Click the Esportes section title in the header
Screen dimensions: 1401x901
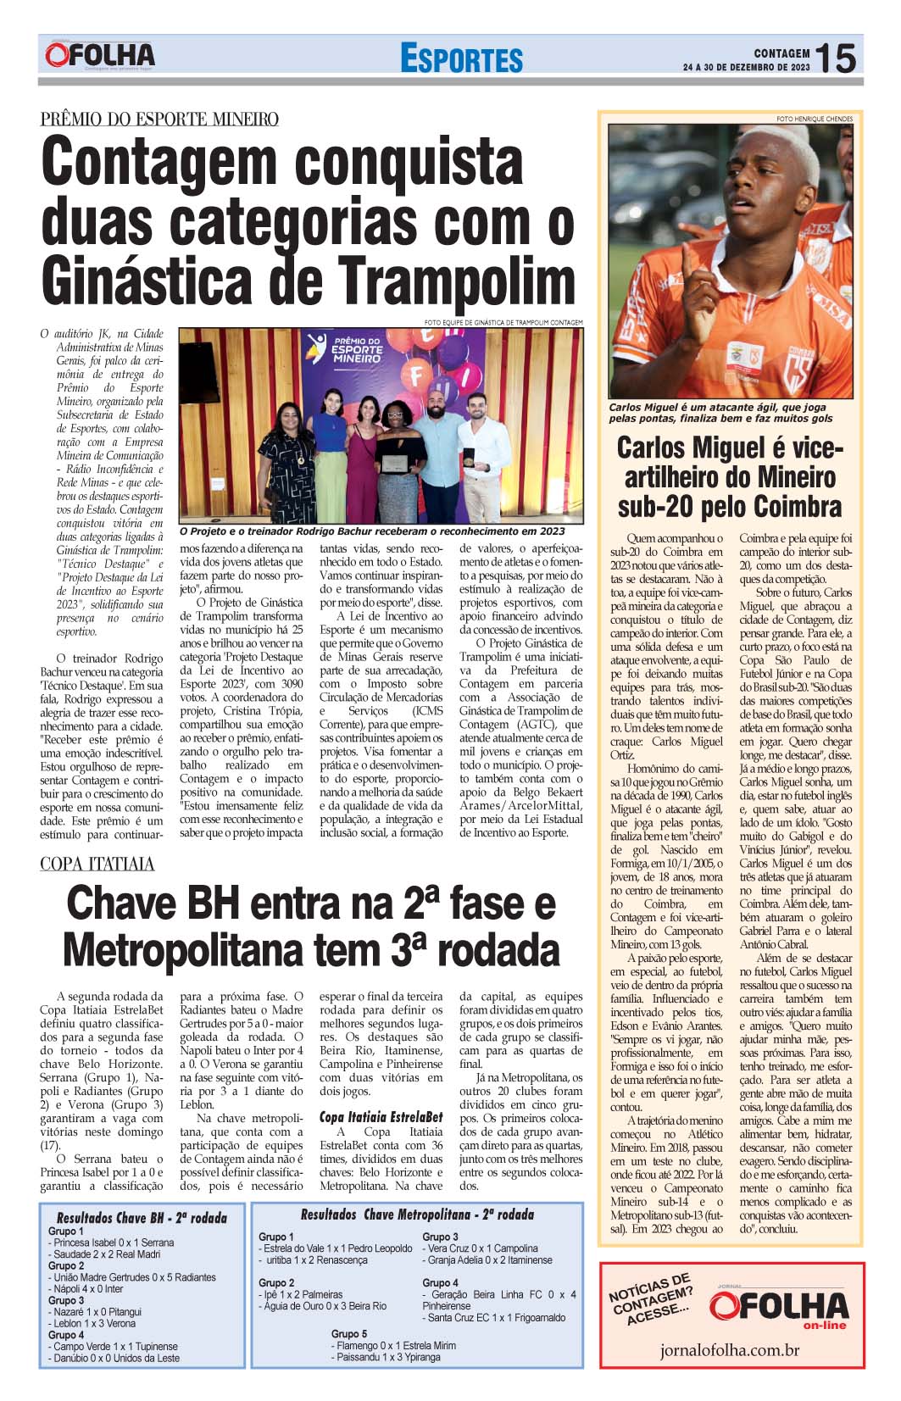(462, 59)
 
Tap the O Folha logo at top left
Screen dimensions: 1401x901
(101, 56)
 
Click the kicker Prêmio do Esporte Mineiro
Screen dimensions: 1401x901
(159, 119)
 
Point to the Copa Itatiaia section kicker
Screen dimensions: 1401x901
(97, 864)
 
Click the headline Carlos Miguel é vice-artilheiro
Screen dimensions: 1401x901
(730, 476)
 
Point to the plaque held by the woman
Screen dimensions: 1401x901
(392, 464)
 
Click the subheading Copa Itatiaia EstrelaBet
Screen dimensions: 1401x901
(381, 1116)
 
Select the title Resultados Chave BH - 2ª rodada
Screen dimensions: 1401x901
(142, 1218)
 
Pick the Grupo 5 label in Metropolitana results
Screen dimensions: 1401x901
(349, 1333)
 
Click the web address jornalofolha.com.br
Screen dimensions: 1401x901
(731, 1350)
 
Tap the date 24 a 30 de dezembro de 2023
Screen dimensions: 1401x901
(746, 68)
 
